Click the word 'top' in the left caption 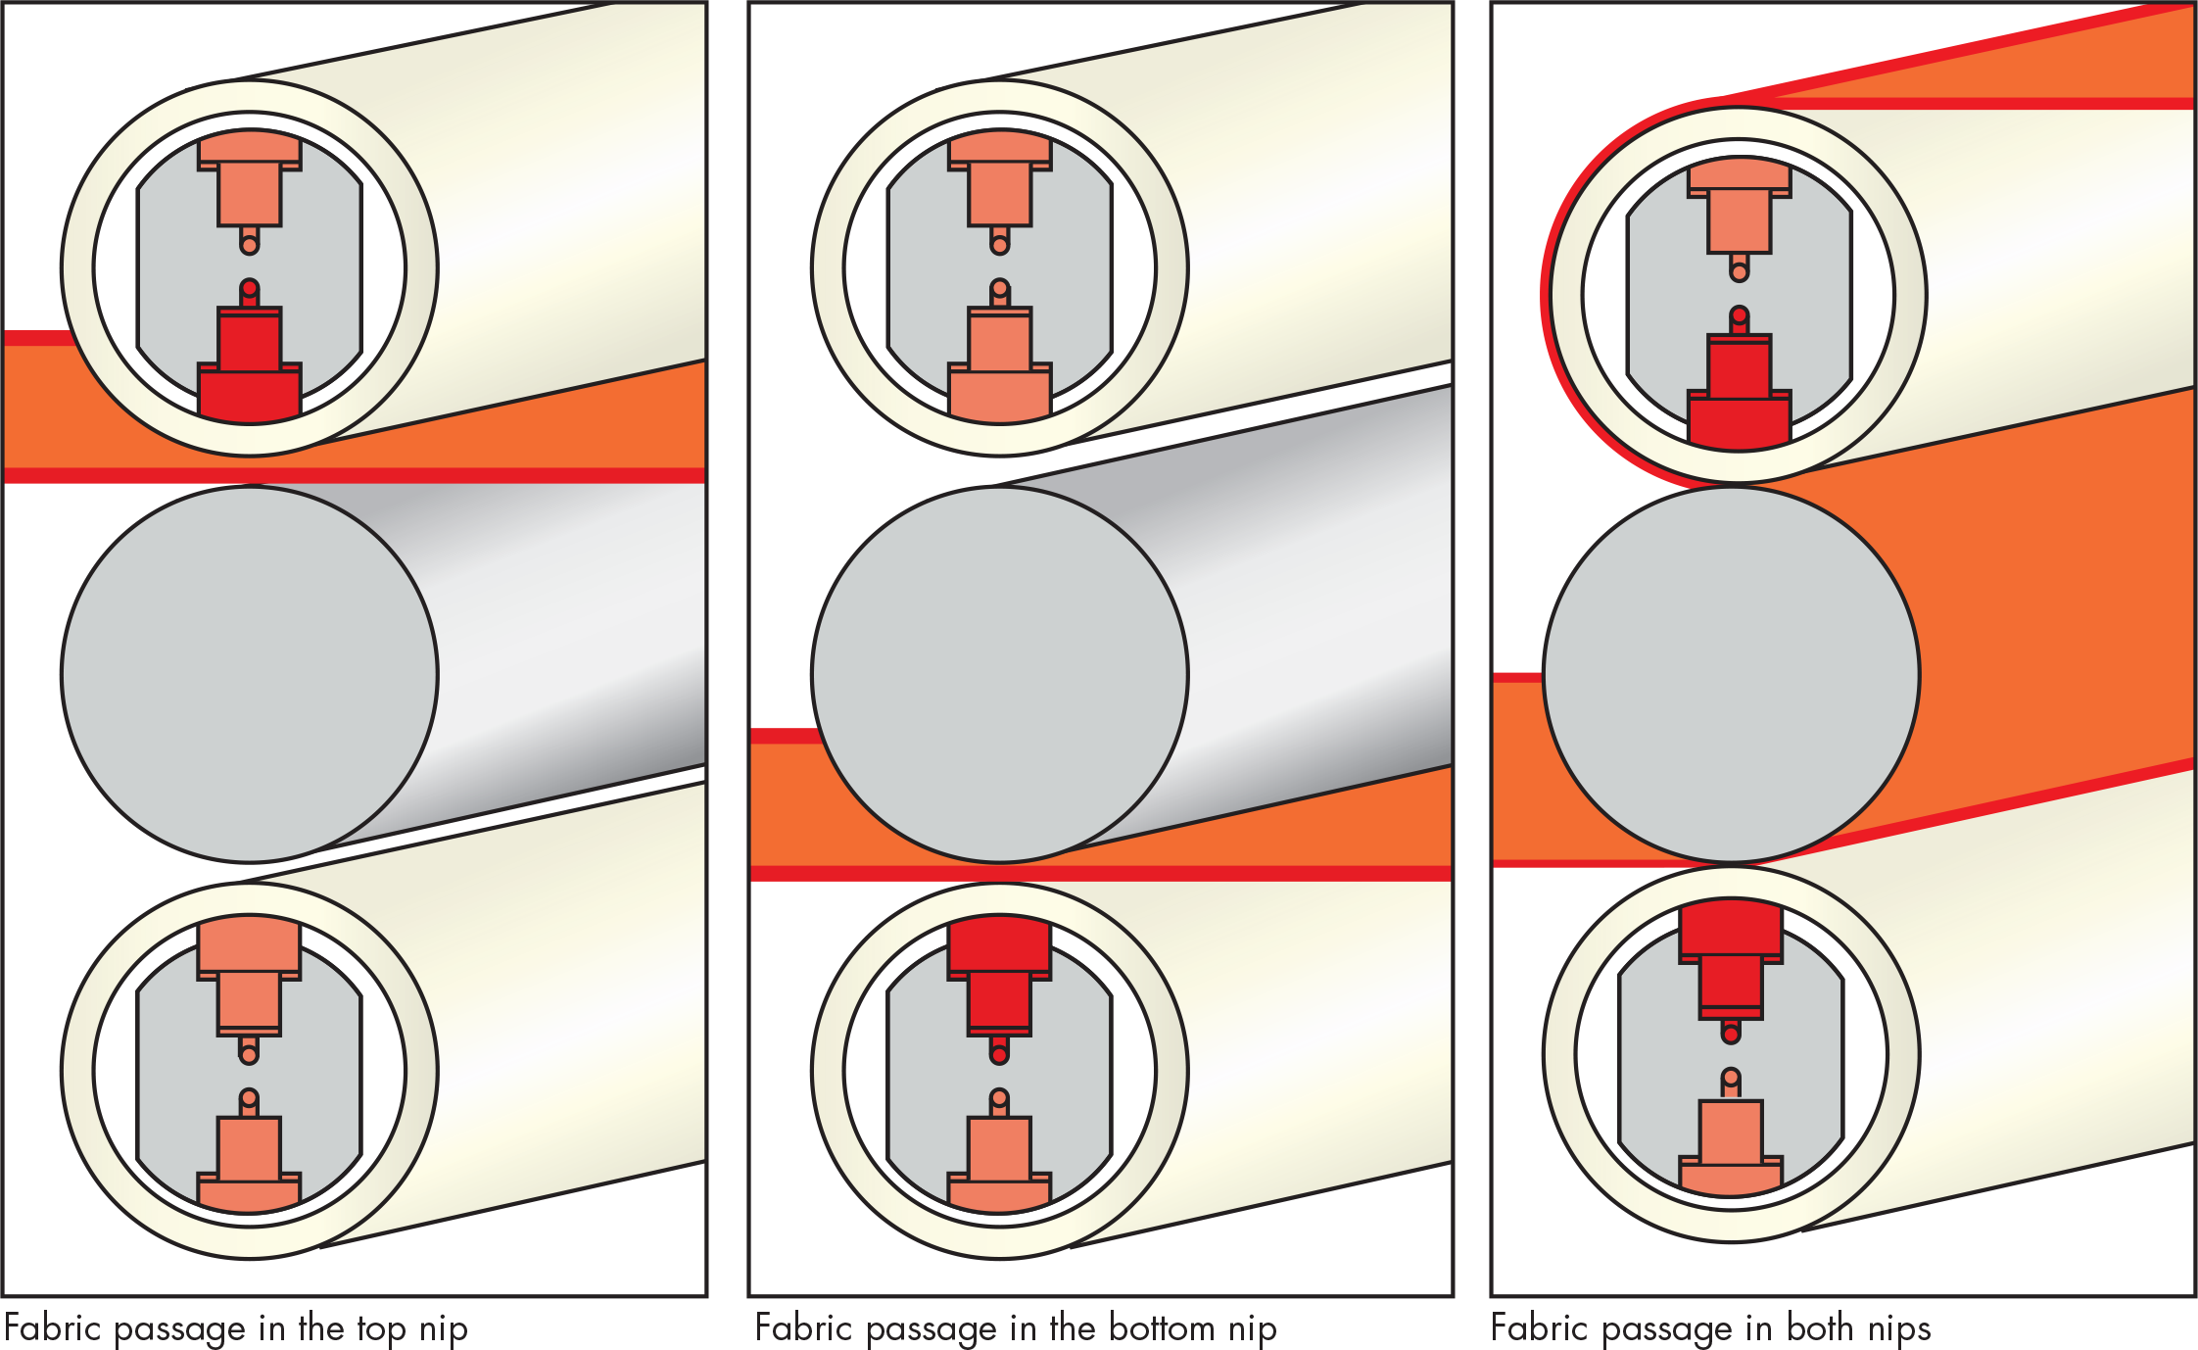pyautogui.click(x=382, y=1330)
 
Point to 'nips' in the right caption pyautogui.click(x=1899, y=1329)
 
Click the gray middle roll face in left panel pyautogui.click(x=250, y=675)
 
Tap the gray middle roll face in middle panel pyautogui.click(x=1000, y=675)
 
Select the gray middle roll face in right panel pyautogui.click(x=1732, y=675)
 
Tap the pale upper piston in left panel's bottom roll pyautogui.click(x=249, y=985)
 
